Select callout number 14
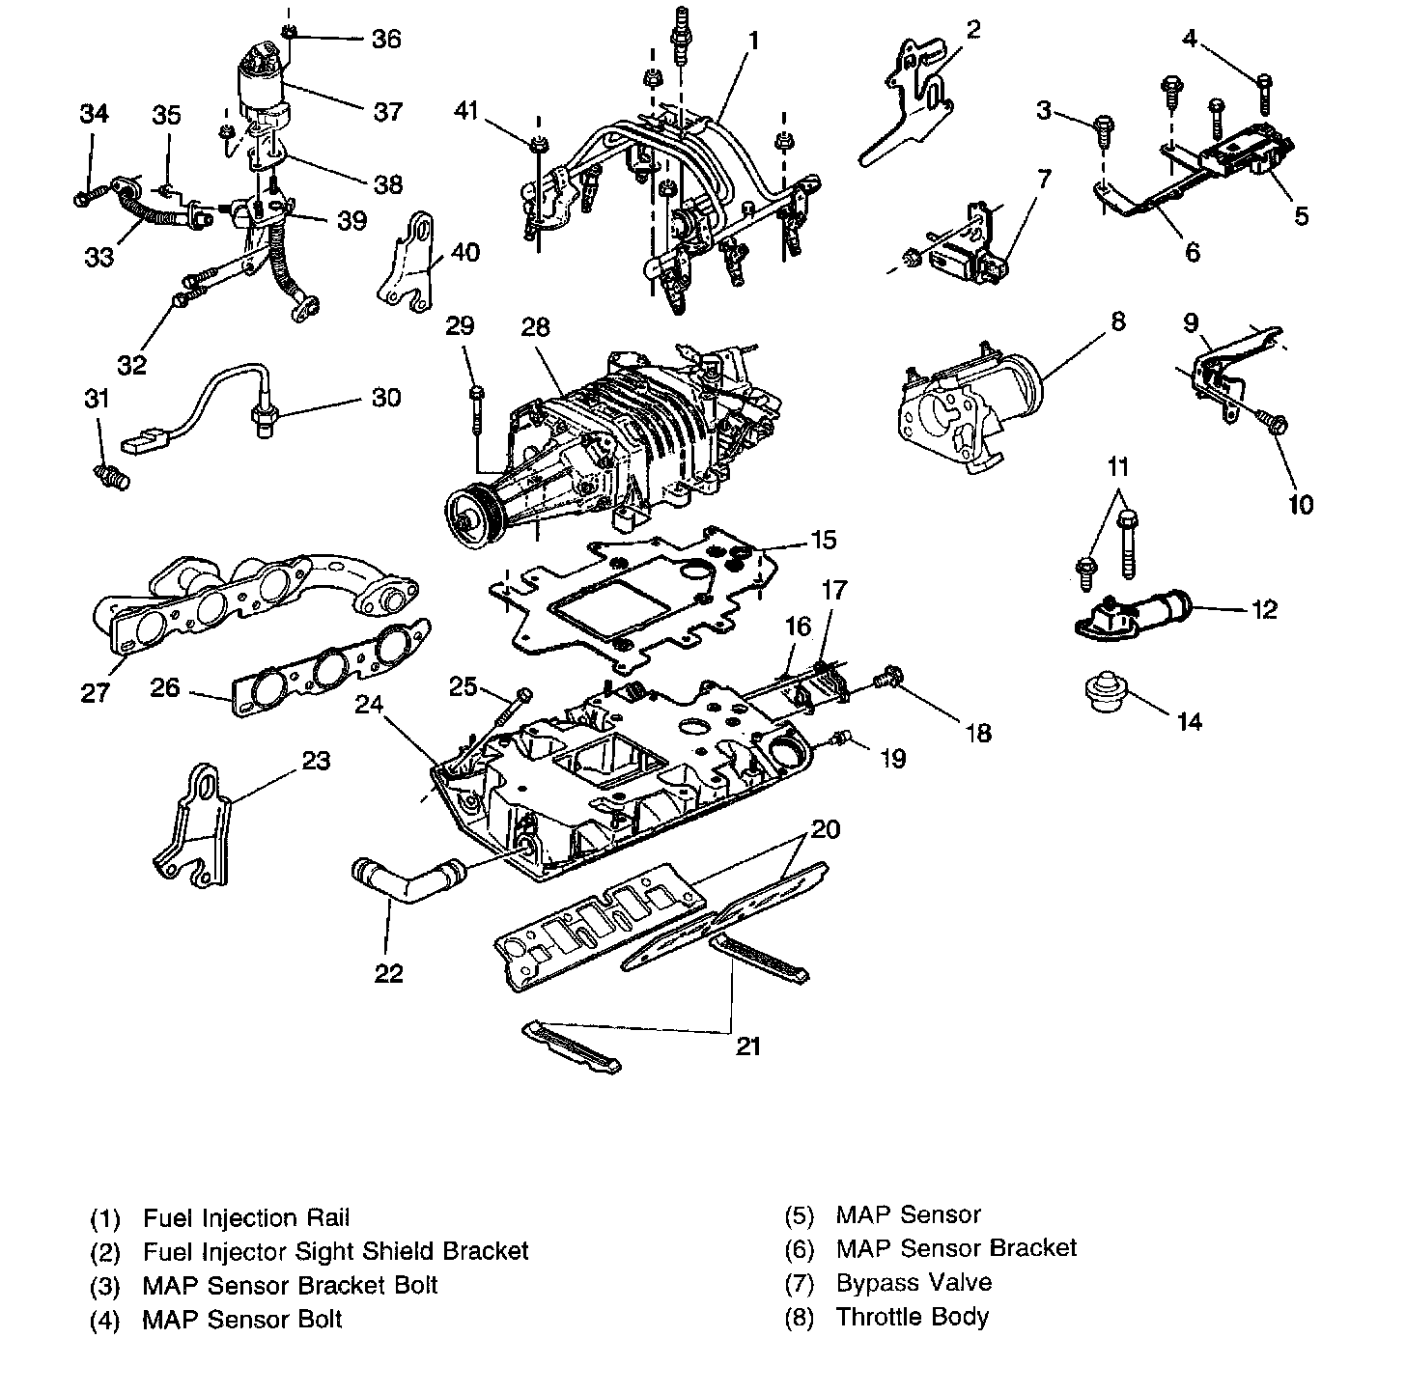pos(1190,721)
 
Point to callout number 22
pos(388,973)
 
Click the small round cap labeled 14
pos(1106,692)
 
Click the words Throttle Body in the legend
pos(912,1317)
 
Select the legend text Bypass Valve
pos(914,1283)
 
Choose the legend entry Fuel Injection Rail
pos(246,1218)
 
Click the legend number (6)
pos(801,1249)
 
